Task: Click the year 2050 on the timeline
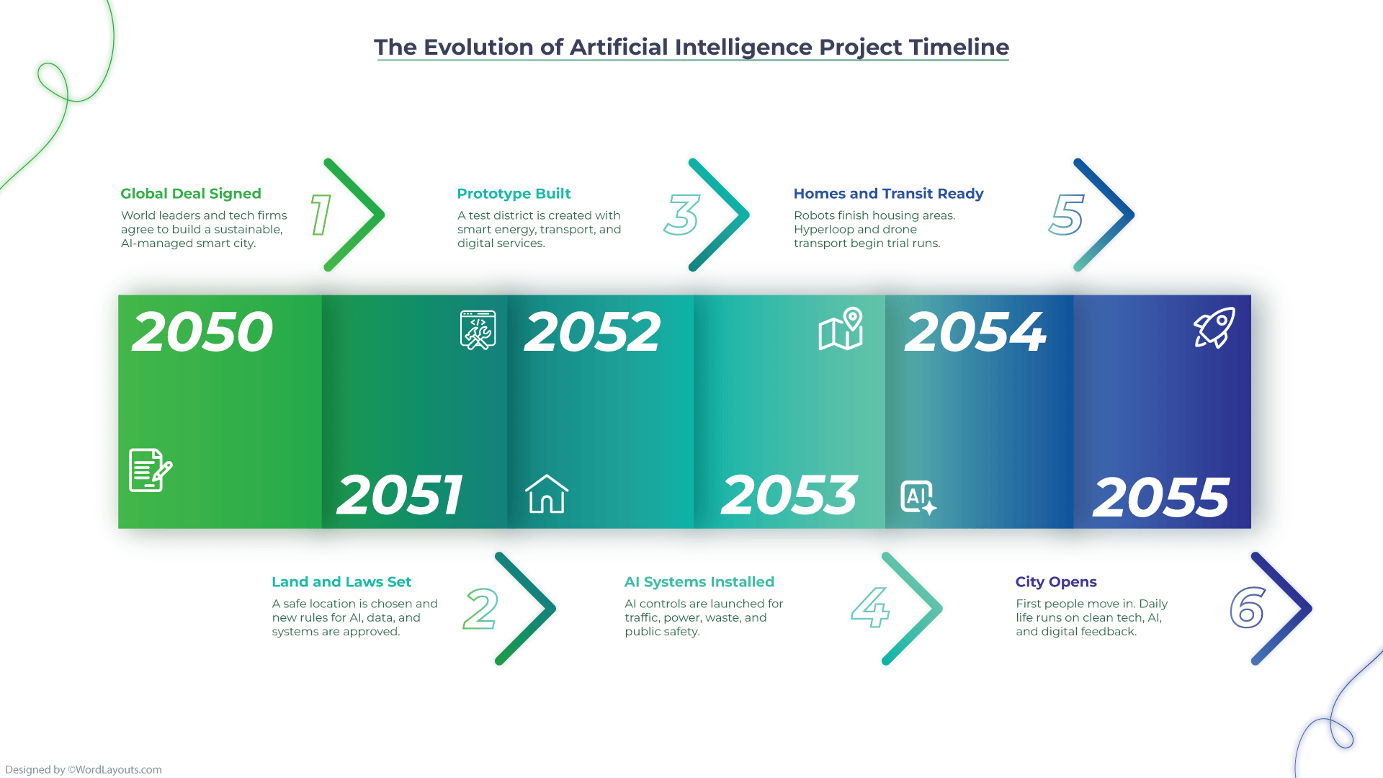(202, 332)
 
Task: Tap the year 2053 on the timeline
(789, 496)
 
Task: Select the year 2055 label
(1161, 498)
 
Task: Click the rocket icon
(1214, 328)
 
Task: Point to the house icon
(547, 494)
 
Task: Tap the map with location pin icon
(841, 330)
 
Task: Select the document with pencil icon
(150, 470)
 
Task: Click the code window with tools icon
(478, 330)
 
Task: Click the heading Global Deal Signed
(191, 194)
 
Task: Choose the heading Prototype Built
(514, 194)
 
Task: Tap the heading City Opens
(1056, 582)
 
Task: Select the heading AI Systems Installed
(699, 582)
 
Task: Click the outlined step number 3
(681, 215)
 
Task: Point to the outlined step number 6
(1248, 607)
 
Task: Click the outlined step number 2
(480, 609)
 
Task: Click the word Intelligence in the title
(743, 48)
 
